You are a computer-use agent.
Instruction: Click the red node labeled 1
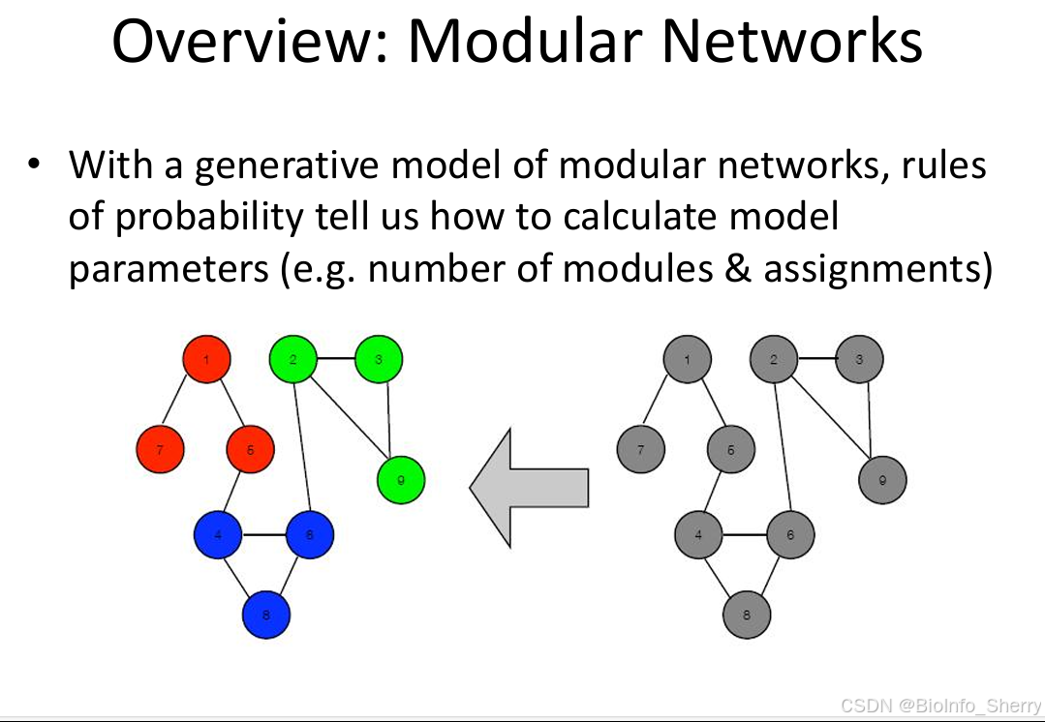207,360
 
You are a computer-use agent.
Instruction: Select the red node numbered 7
160,449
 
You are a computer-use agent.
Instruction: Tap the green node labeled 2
292,360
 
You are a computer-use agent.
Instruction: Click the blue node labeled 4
218,535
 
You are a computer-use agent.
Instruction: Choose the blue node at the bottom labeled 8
266,614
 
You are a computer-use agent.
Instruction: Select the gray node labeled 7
640,449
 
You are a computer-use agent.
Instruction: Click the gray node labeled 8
747,614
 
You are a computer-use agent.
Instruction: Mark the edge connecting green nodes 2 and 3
335,360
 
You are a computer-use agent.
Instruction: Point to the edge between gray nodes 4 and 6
744,534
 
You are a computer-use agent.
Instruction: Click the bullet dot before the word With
36,164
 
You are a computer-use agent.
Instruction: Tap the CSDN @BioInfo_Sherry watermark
939,707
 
